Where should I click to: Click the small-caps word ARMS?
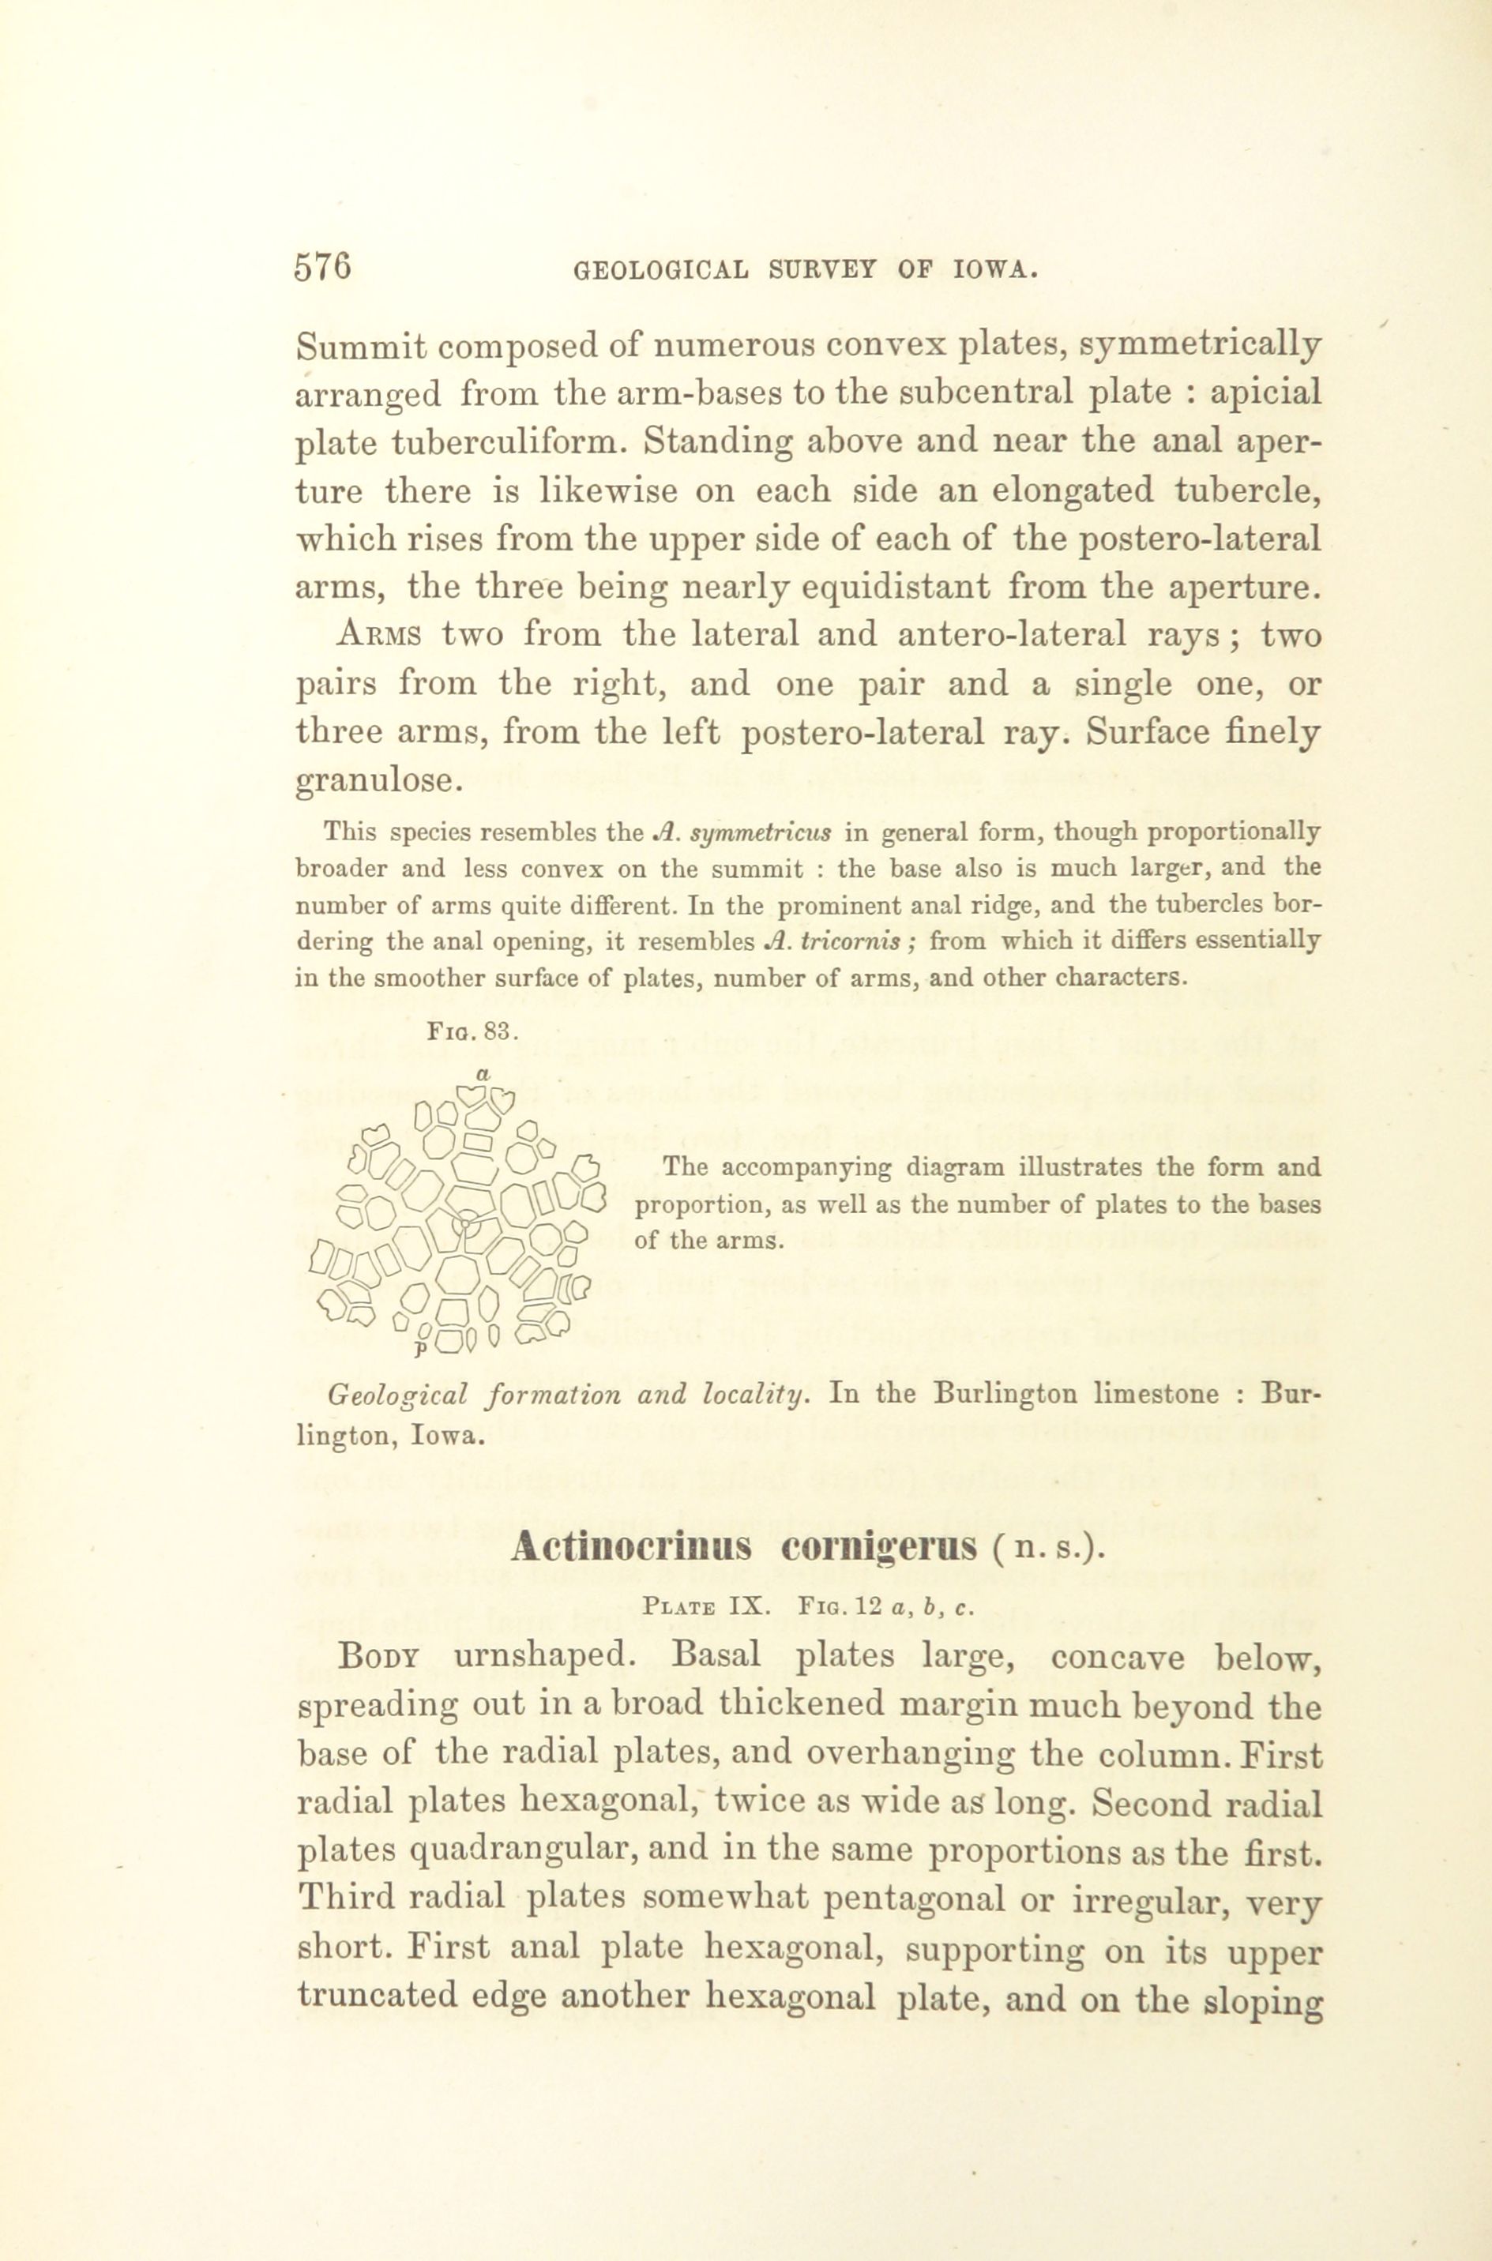(378, 636)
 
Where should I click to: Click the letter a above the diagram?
(483, 1075)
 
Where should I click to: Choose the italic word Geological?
(398, 1395)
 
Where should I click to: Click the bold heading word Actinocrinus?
(630, 1548)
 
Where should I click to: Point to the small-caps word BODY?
(378, 1657)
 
